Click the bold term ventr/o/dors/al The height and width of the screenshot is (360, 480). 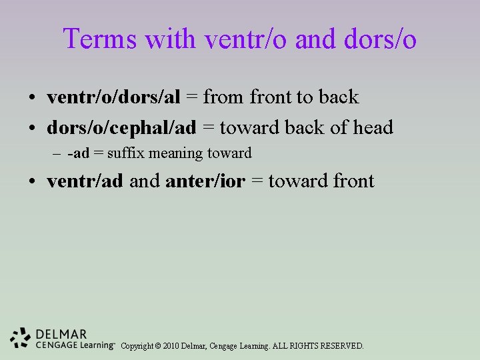(113, 97)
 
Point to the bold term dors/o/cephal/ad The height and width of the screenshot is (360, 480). (121, 127)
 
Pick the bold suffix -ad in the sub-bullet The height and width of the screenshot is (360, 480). (78, 153)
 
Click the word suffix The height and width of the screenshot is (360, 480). (126, 153)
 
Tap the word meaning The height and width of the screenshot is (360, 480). (177, 154)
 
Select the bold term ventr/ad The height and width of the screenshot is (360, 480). (85, 181)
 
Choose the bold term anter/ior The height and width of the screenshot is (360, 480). (205, 181)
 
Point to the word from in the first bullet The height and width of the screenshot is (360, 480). (224, 97)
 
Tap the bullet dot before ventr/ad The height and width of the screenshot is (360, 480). (32, 182)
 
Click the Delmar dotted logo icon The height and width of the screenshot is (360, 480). (21, 339)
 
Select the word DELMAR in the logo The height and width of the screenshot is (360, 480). (61, 334)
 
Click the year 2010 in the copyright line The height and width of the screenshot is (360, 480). (169, 346)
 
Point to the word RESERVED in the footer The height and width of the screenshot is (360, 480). (341, 346)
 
